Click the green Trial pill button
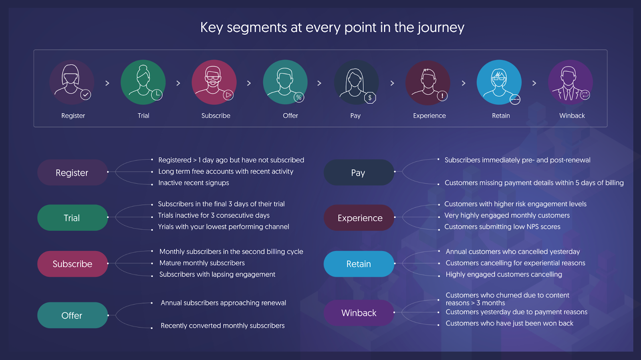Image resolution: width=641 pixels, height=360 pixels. coord(73,218)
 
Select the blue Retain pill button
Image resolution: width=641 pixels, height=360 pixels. coord(359,264)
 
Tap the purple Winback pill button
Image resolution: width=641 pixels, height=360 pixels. coord(359,313)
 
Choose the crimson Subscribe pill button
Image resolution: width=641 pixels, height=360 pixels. coord(73,264)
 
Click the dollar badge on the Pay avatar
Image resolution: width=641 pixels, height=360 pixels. coord(370,98)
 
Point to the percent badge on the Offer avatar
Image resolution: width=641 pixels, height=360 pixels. coord(299,97)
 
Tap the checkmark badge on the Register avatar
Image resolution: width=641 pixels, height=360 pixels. coord(86,95)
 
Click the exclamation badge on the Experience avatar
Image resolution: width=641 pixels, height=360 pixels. coord(442,96)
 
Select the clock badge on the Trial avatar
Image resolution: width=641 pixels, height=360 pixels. coord(157,95)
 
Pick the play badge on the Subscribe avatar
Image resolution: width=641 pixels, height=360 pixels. coord(228,95)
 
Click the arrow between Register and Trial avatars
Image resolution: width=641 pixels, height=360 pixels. coord(107,83)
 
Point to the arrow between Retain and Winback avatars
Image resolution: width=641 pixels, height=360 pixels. coord(534,83)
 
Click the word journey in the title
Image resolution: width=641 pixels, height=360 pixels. coord(441,28)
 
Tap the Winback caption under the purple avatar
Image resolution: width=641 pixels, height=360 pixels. coord(572,116)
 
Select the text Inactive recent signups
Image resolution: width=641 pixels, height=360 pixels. coord(194,183)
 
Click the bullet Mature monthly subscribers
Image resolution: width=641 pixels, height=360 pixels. coord(202,263)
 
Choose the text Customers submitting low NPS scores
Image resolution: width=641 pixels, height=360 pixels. coord(502,227)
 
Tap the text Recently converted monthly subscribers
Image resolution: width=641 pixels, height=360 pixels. coord(223,326)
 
